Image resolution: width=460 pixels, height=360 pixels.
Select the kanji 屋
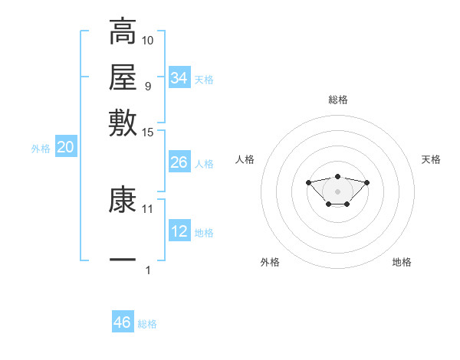123,77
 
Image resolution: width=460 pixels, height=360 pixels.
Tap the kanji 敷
123,123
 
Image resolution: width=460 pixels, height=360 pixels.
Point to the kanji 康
123,201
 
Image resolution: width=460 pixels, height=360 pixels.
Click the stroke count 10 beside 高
148,40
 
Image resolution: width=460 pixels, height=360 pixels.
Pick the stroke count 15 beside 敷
148,133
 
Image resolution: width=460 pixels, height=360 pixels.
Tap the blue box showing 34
179,78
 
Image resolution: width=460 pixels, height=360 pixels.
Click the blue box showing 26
179,162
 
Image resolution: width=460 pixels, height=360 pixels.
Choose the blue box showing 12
179,232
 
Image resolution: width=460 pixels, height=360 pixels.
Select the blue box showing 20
65,149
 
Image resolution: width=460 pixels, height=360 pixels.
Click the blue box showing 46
123,322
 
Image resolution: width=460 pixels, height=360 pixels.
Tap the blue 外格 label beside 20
41,149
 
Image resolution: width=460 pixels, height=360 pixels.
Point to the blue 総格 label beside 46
147,324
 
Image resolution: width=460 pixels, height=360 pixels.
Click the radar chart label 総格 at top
337,100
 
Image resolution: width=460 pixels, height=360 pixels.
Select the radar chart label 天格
431,159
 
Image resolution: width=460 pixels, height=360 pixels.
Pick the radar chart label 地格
402,262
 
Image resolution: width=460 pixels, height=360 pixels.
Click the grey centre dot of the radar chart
337,191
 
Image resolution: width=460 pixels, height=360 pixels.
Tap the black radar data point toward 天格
366,182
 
